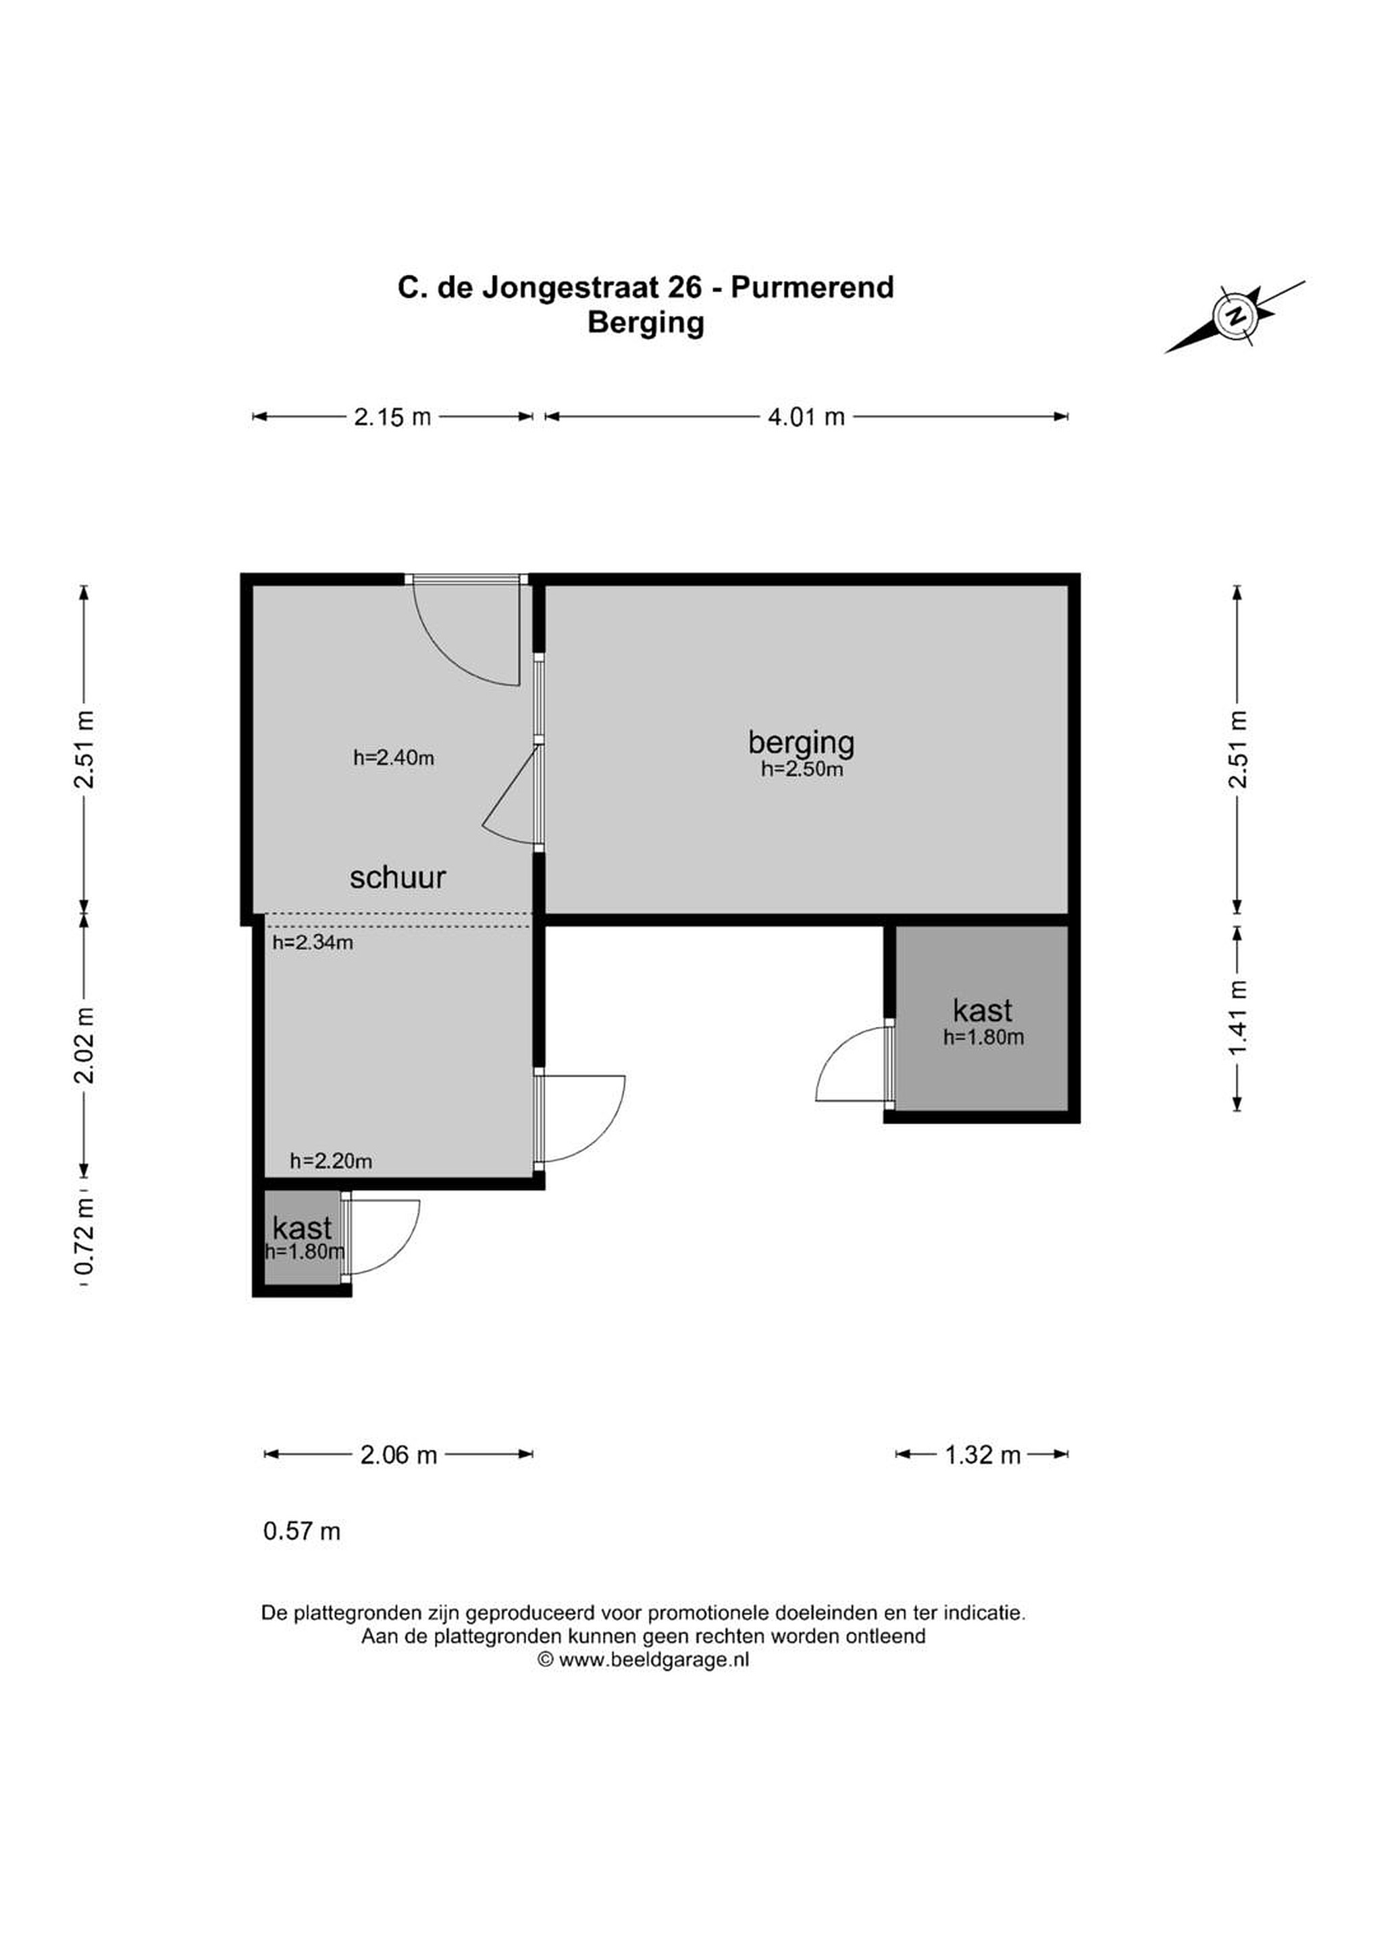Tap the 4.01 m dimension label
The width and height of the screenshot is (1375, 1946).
[x=806, y=417]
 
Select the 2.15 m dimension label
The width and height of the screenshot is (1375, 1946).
[x=392, y=417]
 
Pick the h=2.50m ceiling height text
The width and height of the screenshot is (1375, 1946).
[x=802, y=770]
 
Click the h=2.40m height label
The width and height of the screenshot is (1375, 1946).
[x=394, y=757]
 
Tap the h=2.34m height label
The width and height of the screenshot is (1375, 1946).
[x=313, y=942]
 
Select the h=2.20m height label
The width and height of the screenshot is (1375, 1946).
[x=330, y=1161]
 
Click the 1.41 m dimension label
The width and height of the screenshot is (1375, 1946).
[x=1238, y=1018]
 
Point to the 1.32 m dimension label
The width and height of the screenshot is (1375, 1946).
[x=983, y=1455]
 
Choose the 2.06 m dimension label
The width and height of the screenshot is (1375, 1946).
[x=398, y=1455]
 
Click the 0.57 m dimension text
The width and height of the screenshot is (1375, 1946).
[x=302, y=1532]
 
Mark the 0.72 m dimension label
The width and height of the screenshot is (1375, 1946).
[x=84, y=1239]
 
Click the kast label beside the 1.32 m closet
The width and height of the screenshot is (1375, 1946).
[x=983, y=1010]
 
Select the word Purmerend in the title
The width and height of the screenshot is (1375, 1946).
[x=812, y=287]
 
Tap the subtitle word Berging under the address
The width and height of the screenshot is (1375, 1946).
[x=646, y=324]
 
